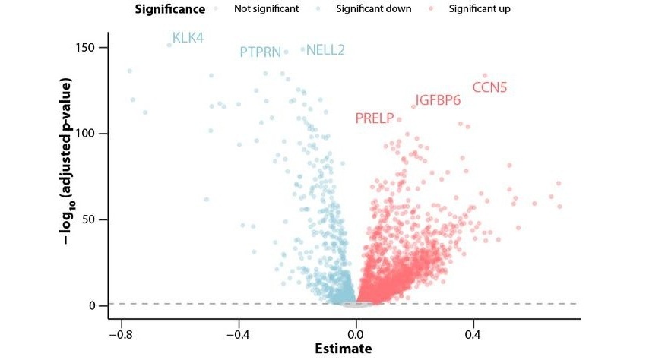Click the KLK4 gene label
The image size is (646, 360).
(188, 37)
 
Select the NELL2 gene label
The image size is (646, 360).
(325, 51)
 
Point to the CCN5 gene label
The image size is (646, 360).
(489, 87)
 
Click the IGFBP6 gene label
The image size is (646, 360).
(438, 101)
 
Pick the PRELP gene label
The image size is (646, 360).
(374, 118)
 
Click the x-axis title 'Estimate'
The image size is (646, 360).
(344, 349)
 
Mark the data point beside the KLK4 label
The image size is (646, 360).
(169, 45)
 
